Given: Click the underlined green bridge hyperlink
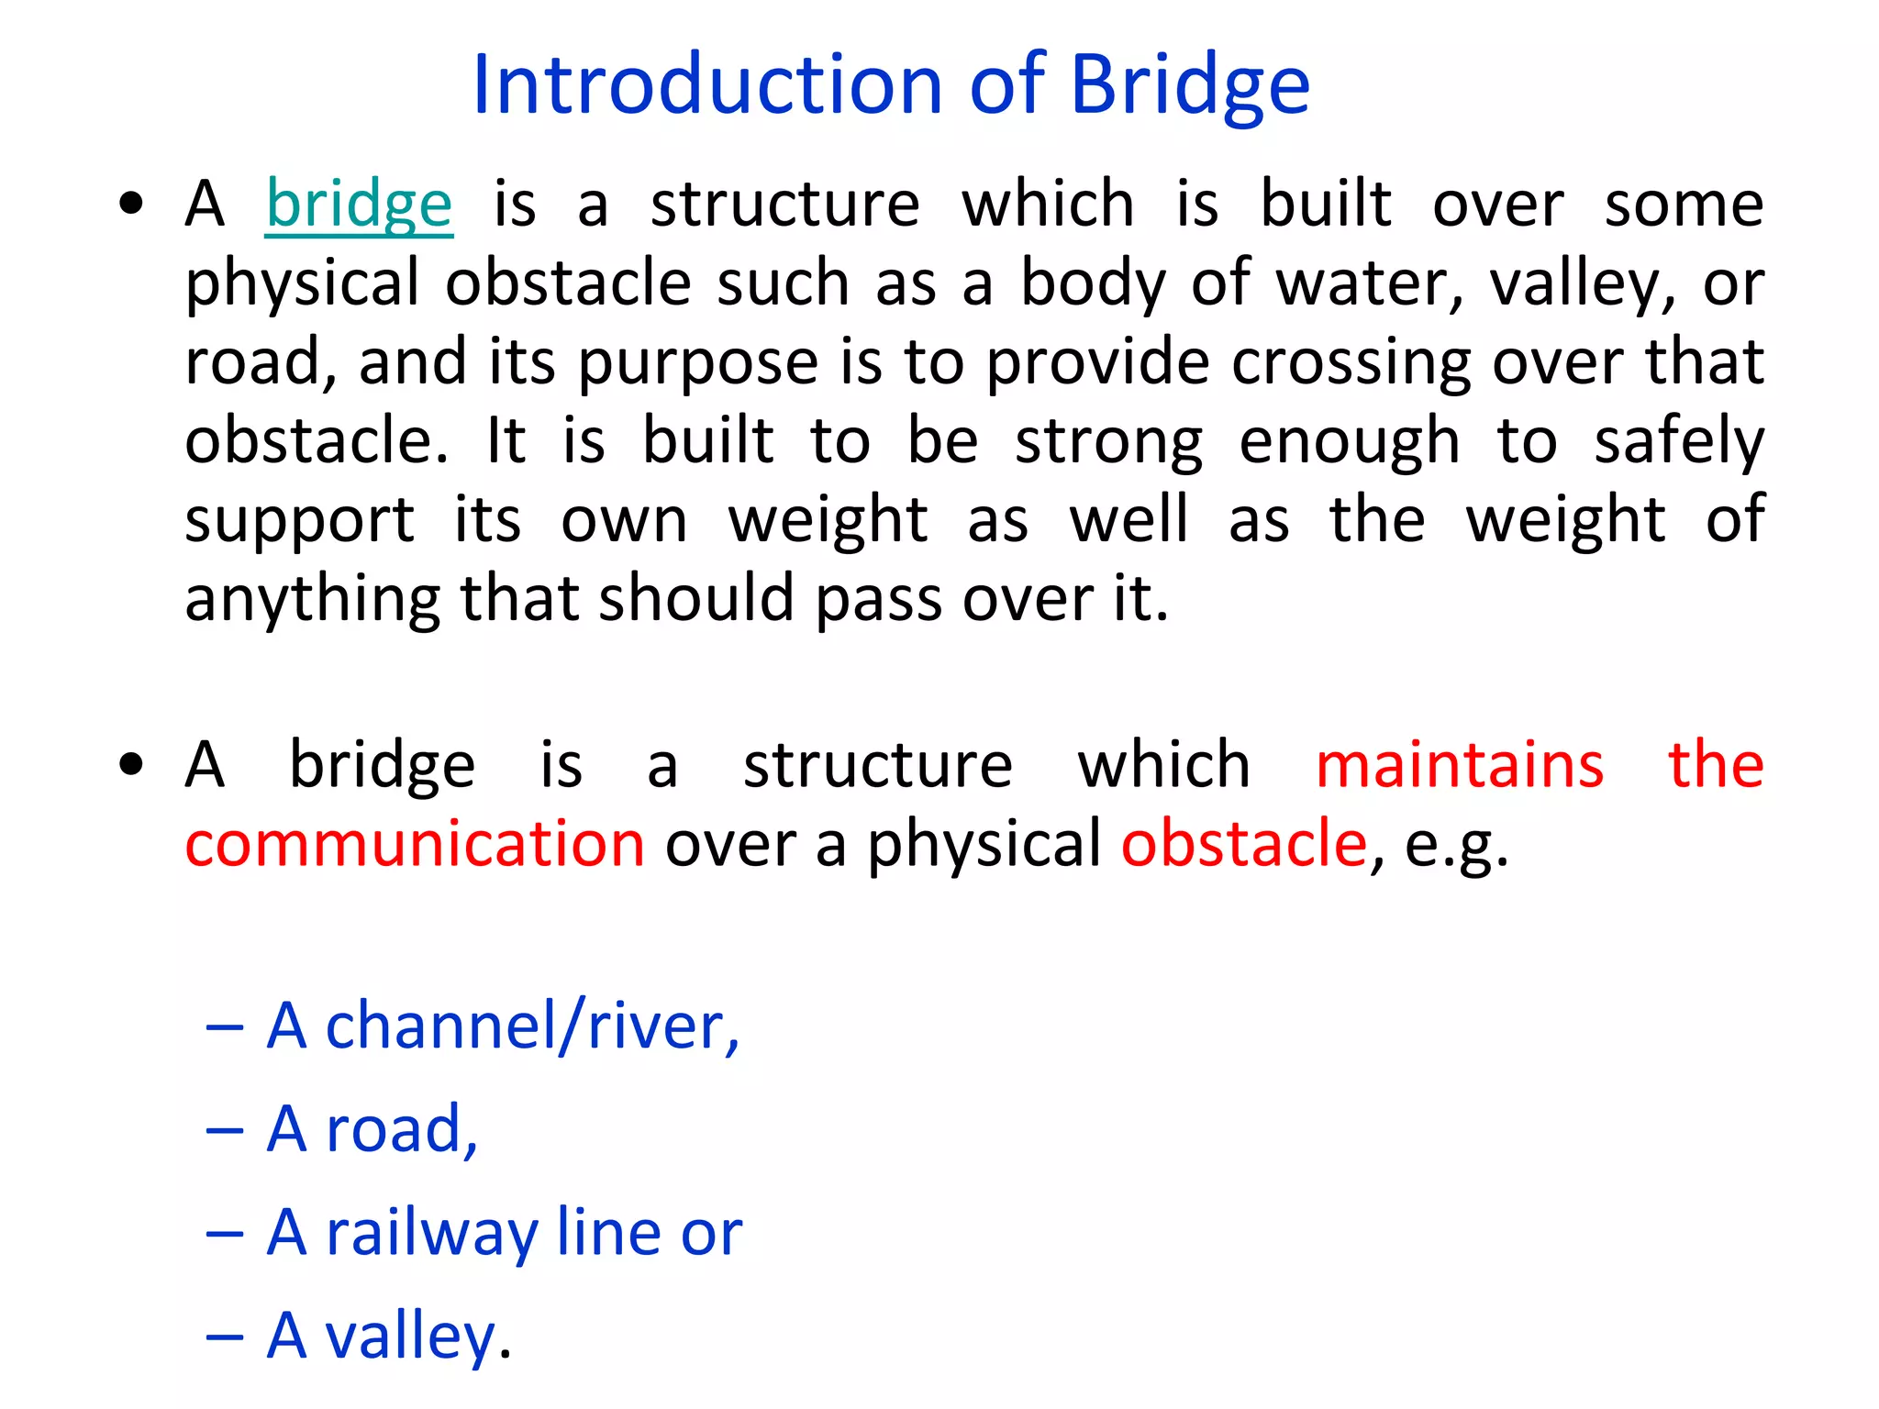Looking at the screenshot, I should coord(359,204).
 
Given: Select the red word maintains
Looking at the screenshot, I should coord(1459,764).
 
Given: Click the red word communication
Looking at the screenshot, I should coord(415,844).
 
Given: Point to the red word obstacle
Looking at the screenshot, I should coord(1244,844).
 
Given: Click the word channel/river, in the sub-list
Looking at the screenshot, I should coord(532,1026).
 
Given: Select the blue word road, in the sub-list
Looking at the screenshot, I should coord(402,1129).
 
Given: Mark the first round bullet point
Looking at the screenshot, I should coord(132,204).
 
